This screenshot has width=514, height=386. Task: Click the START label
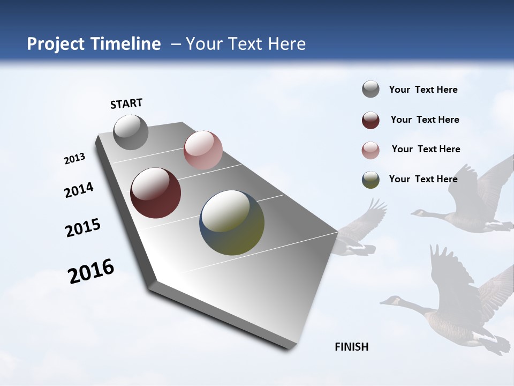point(126,103)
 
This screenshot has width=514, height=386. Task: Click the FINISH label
point(352,347)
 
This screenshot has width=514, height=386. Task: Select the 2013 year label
point(74,159)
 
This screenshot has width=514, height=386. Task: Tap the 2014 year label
point(79,190)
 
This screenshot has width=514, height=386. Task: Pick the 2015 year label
point(82,228)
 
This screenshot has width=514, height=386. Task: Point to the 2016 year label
point(91,271)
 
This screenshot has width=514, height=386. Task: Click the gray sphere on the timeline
point(131,132)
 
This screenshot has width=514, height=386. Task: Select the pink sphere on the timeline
point(203,150)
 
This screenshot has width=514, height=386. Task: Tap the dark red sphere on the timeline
point(155,193)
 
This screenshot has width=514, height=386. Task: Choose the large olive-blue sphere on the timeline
point(232,222)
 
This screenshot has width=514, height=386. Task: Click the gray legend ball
point(371,90)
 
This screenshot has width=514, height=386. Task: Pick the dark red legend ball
point(371,120)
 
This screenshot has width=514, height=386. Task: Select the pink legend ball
point(371,150)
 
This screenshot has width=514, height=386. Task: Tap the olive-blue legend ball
point(371,180)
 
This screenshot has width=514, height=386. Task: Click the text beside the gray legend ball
point(423,90)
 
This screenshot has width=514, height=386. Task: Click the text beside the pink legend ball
point(426,149)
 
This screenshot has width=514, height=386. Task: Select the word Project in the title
point(56,44)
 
